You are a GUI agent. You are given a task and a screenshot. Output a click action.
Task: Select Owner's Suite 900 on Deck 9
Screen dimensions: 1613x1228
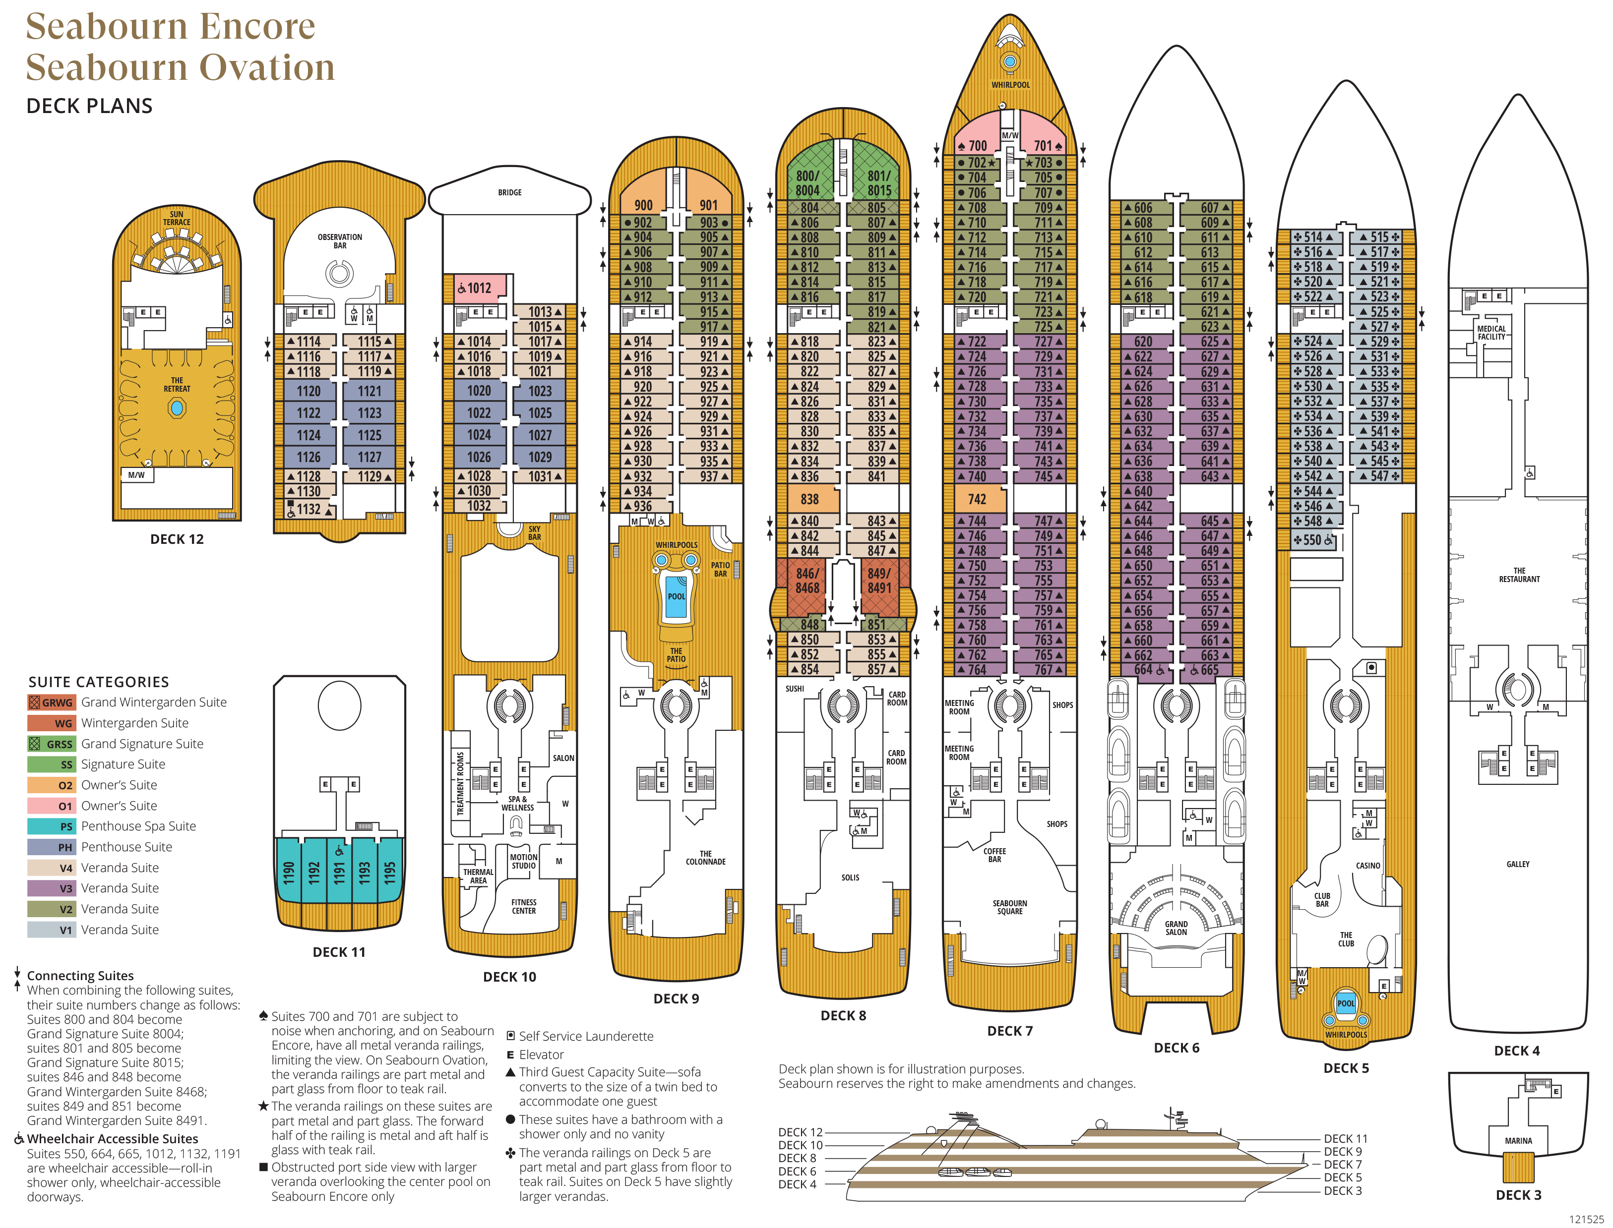[643, 205]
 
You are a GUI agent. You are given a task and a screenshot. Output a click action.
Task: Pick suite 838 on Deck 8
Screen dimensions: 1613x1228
[809, 499]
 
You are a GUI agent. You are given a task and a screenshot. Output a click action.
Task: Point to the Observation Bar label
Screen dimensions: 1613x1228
[340, 241]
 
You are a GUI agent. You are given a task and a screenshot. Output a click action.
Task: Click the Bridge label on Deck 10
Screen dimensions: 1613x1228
[509, 192]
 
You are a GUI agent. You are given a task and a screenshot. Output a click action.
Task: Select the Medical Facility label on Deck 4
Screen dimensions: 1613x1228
[1491, 333]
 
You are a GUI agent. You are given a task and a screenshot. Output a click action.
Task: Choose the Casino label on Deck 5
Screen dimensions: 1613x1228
[1368, 866]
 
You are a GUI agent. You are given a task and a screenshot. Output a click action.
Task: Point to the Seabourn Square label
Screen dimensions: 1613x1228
[1010, 907]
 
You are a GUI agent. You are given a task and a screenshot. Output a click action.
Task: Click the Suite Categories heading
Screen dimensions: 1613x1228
[99, 682]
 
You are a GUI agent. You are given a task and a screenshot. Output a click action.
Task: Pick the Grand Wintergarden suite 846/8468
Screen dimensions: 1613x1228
[807, 581]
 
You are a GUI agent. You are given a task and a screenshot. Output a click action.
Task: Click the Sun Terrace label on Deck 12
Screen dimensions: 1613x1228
[176, 218]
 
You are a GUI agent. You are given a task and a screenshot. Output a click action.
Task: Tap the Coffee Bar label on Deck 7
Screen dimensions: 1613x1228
[994, 855]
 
